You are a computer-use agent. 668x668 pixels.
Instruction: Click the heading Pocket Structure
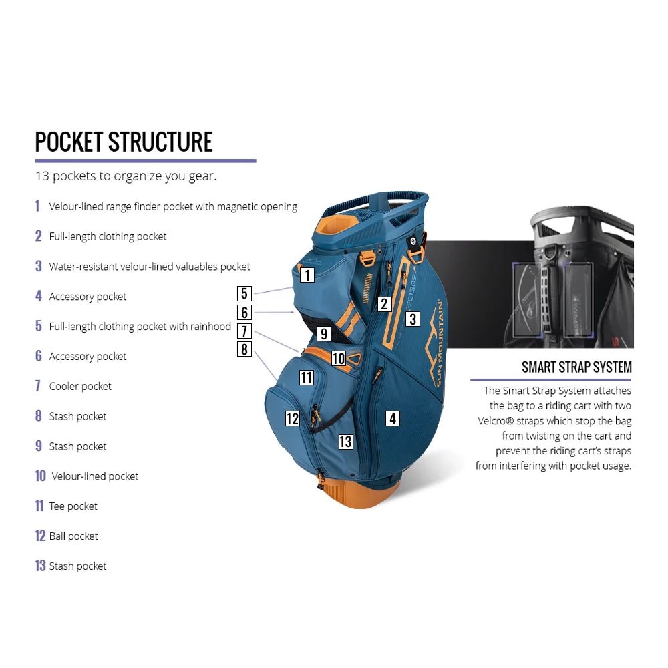124,142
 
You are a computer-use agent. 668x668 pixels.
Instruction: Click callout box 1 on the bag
307,275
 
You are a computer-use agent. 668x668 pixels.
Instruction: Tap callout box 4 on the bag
392,418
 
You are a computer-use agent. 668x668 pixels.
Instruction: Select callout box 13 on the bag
345,442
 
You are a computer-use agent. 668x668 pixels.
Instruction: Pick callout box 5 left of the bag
244,293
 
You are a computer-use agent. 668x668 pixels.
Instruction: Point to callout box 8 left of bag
244,349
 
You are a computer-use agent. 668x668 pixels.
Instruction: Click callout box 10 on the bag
339,358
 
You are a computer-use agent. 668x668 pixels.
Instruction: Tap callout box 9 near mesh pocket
324,333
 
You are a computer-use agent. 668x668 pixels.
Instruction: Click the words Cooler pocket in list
80,386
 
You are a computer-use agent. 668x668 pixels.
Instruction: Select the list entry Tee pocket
73,506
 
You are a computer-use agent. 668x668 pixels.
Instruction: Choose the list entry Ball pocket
73,536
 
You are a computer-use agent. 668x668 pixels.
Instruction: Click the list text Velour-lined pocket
95,476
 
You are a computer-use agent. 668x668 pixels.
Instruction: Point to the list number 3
39,266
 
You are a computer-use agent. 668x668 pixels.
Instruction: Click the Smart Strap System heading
576,367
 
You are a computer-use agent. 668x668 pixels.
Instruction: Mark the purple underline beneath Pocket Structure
146,161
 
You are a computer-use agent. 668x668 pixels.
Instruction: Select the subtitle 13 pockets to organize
126,176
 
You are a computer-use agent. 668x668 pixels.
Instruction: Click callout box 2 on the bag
384,304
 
